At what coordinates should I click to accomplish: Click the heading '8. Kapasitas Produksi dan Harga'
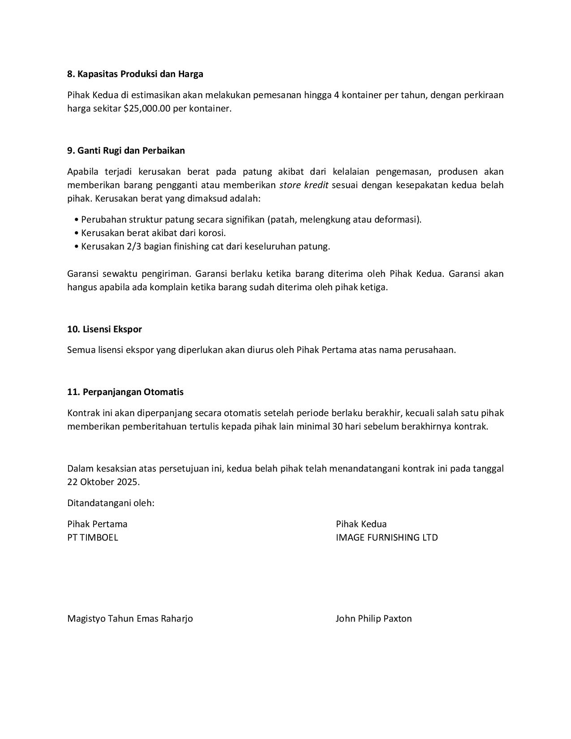click(135, 74)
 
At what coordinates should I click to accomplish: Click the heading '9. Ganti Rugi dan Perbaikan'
click(126, 150)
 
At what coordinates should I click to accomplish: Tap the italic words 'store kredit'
click(304, 185)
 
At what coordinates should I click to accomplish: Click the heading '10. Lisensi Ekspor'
click(104, 329)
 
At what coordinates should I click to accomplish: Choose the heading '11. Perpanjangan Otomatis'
click(125, 392)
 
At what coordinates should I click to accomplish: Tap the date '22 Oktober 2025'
click(103, 482)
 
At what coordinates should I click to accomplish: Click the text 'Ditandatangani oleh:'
click(111, 503)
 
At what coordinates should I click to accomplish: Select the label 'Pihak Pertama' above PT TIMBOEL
click(97, 524)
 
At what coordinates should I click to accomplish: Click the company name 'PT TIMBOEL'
click(93, 537)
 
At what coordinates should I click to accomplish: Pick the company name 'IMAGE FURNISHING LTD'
click(386, 537)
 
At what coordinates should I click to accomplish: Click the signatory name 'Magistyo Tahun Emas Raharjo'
click(130, 619)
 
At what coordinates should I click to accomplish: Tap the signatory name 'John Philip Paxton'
click(374, 619)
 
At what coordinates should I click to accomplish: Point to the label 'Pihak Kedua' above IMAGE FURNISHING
click(361, 524)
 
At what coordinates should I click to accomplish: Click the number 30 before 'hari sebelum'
click(337, 426)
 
